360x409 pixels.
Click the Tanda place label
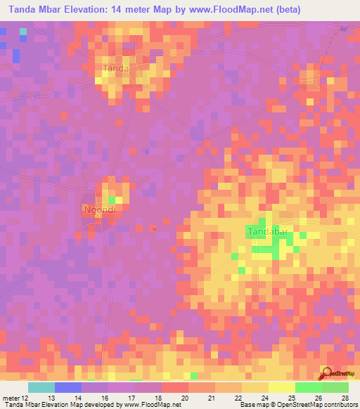pos(116,68)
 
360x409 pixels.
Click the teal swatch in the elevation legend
pos(41,387)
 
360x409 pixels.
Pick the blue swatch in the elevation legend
pos(67,387)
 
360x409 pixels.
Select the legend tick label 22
pos(238,398)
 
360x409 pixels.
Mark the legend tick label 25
pos(291,398)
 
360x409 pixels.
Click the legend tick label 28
pos(344,398)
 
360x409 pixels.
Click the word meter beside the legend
pos(12,398)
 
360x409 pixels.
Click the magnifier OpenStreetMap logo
pos(327,373)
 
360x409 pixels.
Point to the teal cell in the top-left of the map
pos(23,31)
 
